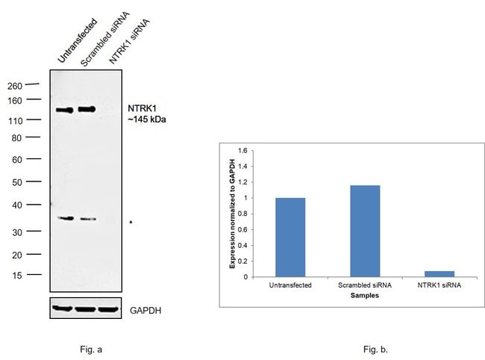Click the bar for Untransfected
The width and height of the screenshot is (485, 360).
[290, 237]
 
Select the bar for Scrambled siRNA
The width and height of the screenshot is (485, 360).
[365, 231]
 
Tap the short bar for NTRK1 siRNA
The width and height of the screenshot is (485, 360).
[439, 274]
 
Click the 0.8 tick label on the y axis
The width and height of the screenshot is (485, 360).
[242, 214]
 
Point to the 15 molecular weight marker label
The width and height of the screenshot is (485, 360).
[36, 275]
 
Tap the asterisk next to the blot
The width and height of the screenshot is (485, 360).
[131, 223]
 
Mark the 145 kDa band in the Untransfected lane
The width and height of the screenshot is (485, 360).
[64, 110]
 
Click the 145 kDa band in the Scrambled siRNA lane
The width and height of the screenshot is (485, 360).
[87, 109]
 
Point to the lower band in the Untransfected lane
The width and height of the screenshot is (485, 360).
[66, 218]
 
